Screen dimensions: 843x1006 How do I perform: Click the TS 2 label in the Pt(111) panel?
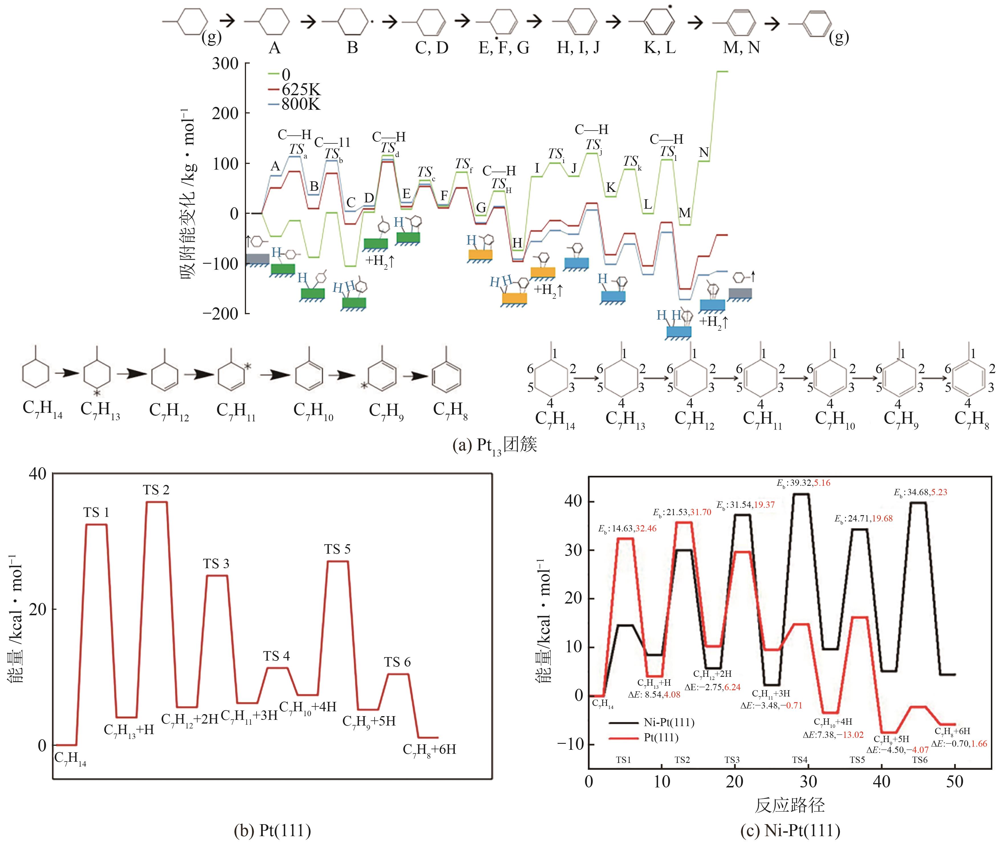pyautogui.click(x=156, y=490)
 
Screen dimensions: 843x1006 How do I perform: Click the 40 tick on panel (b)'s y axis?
pyautogui.click(x=38, y=474)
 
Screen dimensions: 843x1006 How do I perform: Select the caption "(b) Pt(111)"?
pyautogui.click(x=272, y=830)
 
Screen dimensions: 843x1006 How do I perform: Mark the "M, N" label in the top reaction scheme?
pyautogui.click(x=741, y=47)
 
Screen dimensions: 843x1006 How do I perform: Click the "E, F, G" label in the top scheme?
pyautogui.click(x=504, y=47)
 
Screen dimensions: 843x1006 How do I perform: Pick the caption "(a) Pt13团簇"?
pyautogui.click(x=495, y=446)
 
